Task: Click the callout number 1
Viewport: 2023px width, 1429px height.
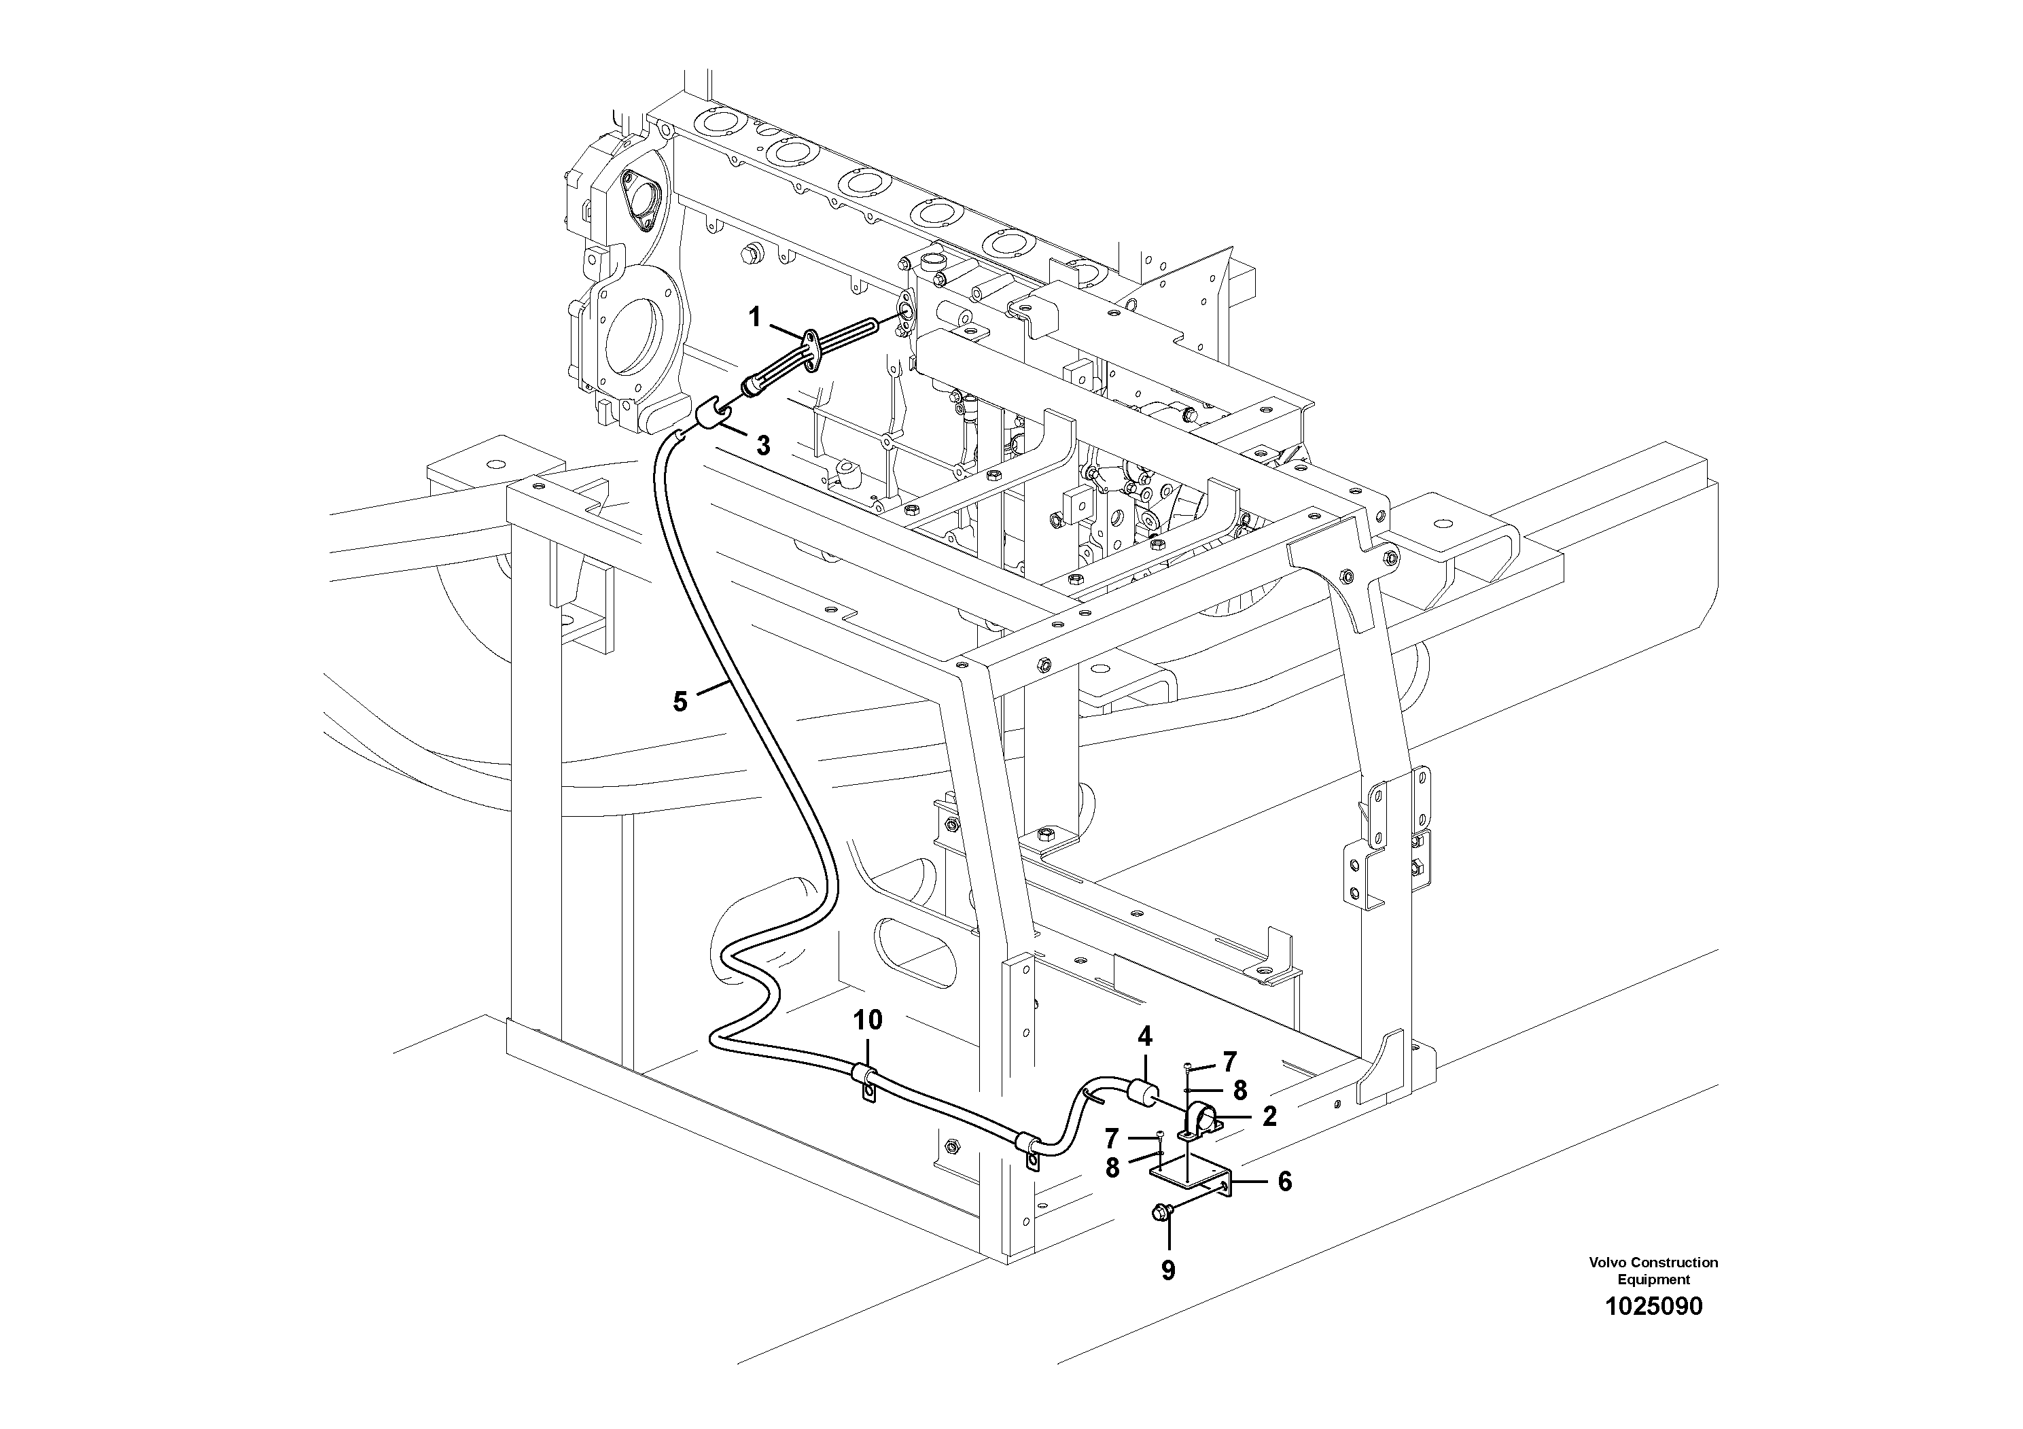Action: (x=754, y=317)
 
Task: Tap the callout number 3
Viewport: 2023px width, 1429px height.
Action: (x=763, y=446)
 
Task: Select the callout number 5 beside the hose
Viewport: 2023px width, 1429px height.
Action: (x=680, y=702)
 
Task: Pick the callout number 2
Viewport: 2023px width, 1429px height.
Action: (x=1269, y=1116)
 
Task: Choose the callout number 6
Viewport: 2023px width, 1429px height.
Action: (x=1284, y=1182)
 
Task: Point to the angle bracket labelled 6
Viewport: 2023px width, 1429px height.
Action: (x=1189, y=1177)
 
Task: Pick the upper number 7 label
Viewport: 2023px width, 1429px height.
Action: (x=1229, y=1061)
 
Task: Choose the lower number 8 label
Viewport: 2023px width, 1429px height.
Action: (x=1113, y=1167)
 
